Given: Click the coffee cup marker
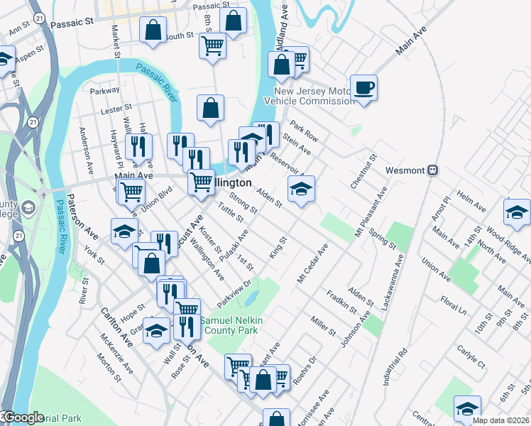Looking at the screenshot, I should [x=365, y=88].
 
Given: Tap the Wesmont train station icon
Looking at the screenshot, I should [x=433, y=170].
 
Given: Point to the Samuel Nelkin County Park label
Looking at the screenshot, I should [x=231, y=326].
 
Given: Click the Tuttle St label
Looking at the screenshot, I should [x=231, y=211].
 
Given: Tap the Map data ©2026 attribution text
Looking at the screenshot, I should [x=500, y=420].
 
